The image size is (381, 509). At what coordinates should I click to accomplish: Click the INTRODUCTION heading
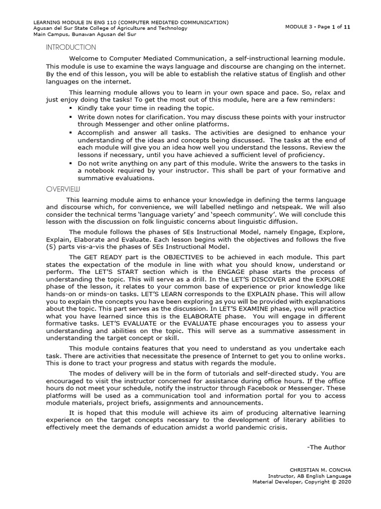[x=71, y=48]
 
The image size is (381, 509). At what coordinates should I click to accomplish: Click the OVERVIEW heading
[x=63, y=189]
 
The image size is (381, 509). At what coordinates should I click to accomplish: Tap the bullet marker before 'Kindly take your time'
[x=71, y=108]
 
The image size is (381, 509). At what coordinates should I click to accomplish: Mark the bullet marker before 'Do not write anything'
[x=71, y=163]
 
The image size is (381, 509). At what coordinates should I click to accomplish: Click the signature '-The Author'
[x=326, y=447]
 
